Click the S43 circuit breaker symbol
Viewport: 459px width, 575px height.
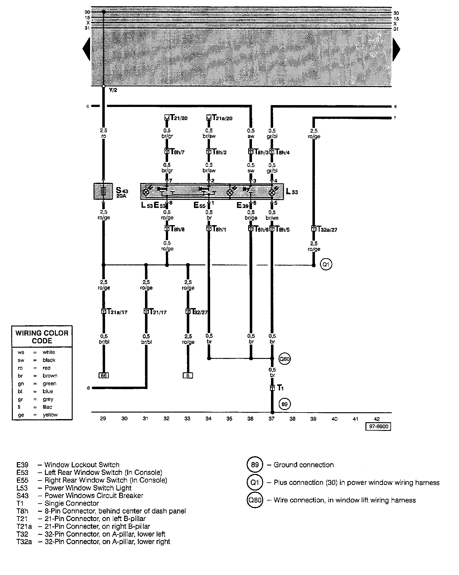pos(103,191)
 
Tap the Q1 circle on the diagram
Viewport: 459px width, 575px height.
pos(326,265)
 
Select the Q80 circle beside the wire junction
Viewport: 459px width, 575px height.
pos(285,359)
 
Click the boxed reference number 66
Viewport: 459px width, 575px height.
pos(104,375)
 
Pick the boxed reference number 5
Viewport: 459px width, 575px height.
pos(188,375)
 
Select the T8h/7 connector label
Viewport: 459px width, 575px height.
pos(177,152)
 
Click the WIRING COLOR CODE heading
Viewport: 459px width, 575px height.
pos(42,337)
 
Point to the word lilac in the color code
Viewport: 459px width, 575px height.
pos(47,407)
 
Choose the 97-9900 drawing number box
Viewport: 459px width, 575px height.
pos(378,426)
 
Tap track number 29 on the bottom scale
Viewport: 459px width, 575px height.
pos(103,419)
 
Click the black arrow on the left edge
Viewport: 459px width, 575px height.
pos(86,49)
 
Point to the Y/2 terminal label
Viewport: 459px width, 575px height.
pos(113,90)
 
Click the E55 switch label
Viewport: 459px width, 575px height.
pos(200,205)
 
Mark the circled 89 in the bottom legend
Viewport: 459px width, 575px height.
pos(255,465)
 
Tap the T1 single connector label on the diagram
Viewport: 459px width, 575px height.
pos(280,388)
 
